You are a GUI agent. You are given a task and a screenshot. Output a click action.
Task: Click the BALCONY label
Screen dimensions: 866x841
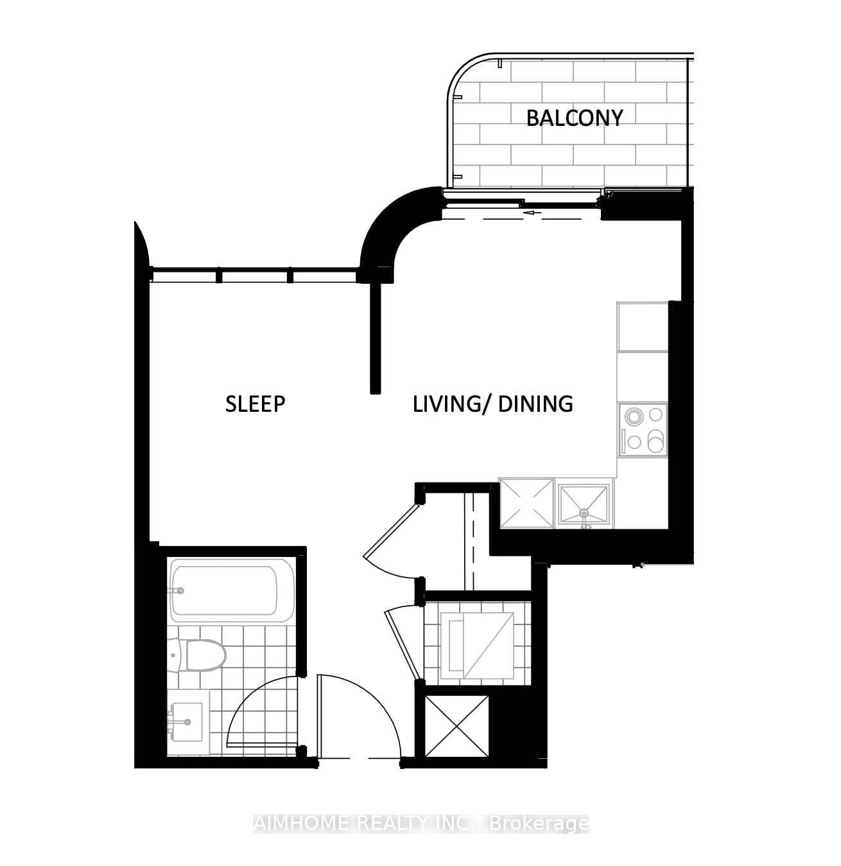(574, 118)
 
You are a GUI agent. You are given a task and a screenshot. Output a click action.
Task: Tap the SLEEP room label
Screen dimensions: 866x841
(255, 404)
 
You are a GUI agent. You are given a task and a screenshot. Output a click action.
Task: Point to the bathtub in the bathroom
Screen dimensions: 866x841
(231, 590)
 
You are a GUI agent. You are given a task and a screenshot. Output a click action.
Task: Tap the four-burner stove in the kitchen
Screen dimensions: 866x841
(643, 430)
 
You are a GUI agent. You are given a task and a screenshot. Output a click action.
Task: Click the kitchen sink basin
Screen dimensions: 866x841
(584, 504)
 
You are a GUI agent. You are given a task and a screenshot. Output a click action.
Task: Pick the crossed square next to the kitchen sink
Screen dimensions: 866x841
(526, 504)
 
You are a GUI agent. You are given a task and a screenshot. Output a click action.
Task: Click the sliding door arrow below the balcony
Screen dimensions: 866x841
(532, 213)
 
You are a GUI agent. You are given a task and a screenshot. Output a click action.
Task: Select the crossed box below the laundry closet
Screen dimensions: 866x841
(456, 726)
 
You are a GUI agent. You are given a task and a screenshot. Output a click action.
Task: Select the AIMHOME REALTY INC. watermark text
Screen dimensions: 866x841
(420, 824)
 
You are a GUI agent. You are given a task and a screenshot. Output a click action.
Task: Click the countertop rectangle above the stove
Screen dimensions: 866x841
(643, 327)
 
